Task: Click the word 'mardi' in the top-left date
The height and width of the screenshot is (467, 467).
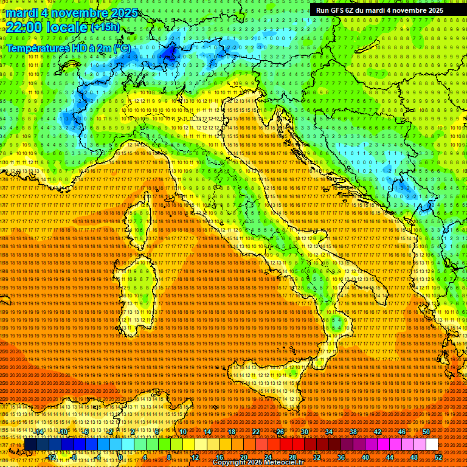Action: (x=22, y=12)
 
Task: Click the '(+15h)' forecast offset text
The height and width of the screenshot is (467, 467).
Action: (x=105, y=27)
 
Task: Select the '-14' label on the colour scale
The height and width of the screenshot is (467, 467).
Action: (x=39, y=432)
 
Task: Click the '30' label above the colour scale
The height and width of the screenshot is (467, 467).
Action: (x=304, y=432)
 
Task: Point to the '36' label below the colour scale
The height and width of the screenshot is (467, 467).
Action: (x=341, y=457)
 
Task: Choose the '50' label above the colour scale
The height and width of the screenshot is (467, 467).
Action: (x=426, y=432)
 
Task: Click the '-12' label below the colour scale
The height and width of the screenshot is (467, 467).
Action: (x=51, y=457)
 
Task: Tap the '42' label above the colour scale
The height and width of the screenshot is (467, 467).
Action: (x=377, y=432)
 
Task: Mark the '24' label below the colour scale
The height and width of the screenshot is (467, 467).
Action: (x=268, y=457)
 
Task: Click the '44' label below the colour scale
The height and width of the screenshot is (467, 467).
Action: (x=389, y=457)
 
